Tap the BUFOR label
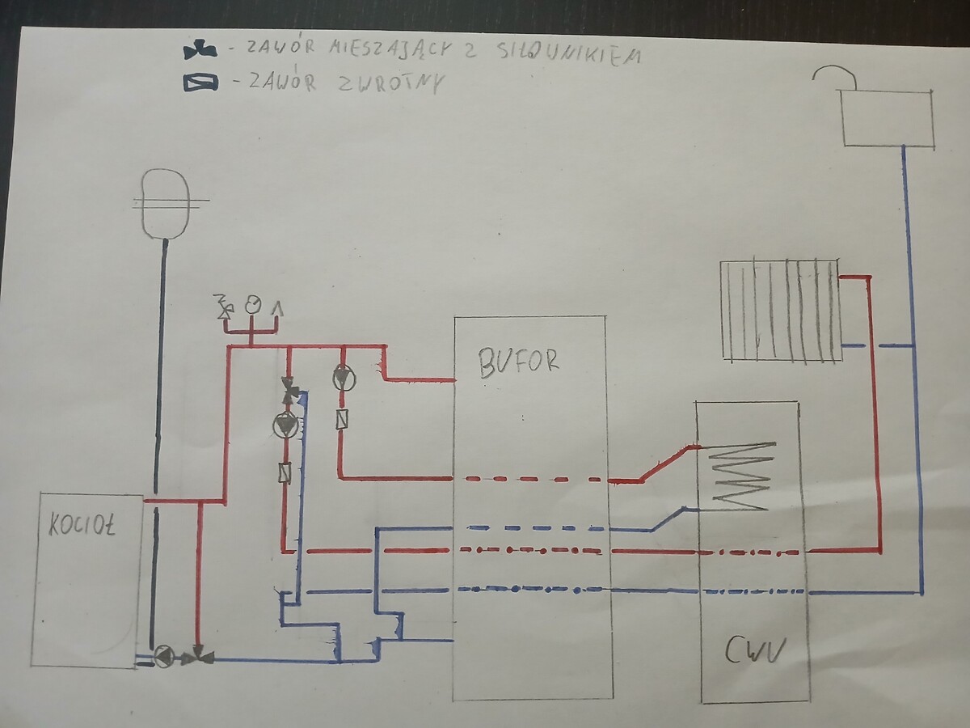click(x=518, y=363)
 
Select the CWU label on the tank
click(x=755, y=650)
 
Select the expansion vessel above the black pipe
click(x=165, y=202)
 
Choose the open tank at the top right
click(x=887, y=117)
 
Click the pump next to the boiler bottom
click(x=164, y=654)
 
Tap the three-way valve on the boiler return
click(x=196, y=655)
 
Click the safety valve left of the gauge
click(x=224, y=307)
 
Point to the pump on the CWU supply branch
click(x=343, y=379)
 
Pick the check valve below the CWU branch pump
click(x=342, y=418)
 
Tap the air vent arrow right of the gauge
click(x=277, y=307)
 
